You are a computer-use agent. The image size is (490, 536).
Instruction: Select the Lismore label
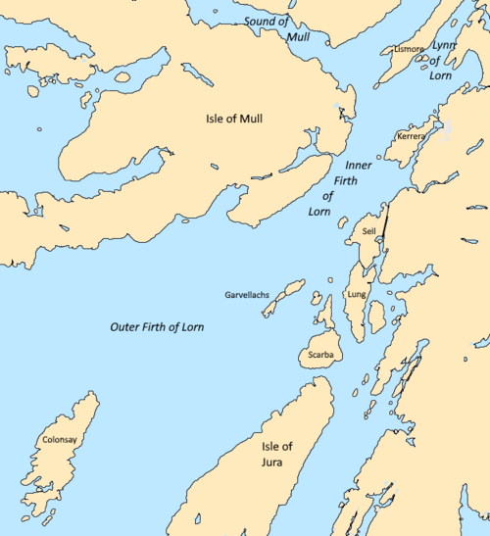click(408, 48)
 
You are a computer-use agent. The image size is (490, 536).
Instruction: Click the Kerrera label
click(411, 136)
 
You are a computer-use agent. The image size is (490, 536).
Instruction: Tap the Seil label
click(368, 231)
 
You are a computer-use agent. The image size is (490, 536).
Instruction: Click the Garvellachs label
click(247, 293)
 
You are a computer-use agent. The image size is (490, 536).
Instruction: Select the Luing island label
click(356, 294)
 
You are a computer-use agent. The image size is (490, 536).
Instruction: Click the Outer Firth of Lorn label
click(157, 326)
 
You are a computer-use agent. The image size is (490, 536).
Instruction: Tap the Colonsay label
click(60, 441)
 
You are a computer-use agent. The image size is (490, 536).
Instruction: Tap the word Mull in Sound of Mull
click(299, 36)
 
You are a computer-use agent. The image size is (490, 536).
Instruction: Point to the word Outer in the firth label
click(124, 326)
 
